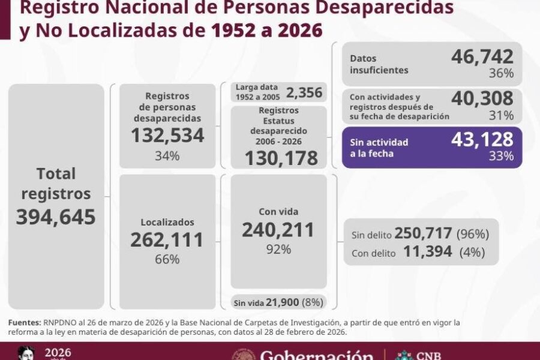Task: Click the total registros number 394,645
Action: (56, 217)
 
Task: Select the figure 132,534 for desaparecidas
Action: (167, 136)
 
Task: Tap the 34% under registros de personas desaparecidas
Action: (167, 156)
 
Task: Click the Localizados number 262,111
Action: (167, 240)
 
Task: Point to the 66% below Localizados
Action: (167, 259)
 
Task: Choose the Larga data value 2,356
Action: (304, 92)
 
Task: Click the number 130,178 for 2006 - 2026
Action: (281, 158)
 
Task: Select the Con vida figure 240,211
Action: (278, 230)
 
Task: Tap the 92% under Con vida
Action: (278, 250)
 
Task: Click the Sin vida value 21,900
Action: (283, 302)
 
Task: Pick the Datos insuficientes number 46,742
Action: (482, 57)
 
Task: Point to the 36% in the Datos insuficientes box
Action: (502, 73)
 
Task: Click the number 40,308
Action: (482, 98)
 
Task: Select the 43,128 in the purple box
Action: (482, 140)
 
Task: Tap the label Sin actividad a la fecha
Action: (379, 148)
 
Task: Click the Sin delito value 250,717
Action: (423, 233)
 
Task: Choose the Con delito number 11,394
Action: (427, 251)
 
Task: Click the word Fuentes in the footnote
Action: (25, 323)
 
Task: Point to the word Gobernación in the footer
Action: (316, 355)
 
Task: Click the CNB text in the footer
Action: (428, 356)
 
